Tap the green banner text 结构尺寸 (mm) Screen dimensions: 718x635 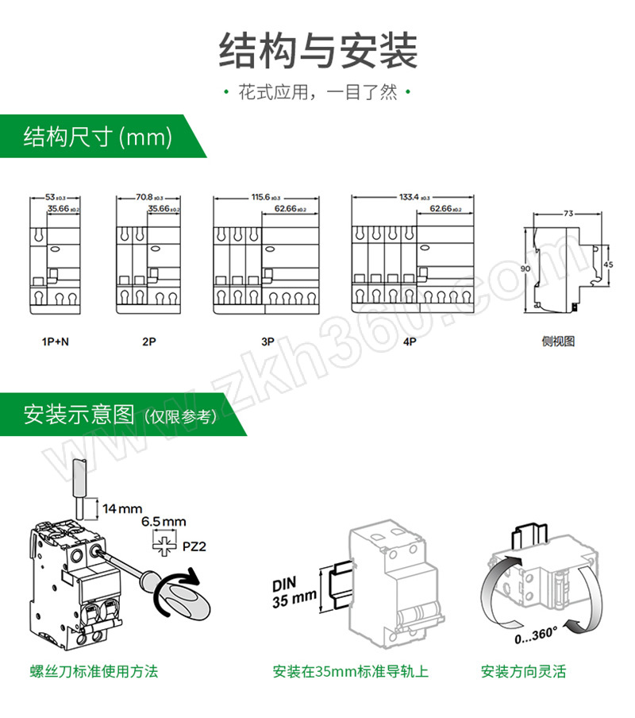(x=98, y=137)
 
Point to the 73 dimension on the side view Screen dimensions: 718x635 (x=568, y=214)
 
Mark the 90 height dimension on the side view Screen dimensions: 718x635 (x=525, y=269)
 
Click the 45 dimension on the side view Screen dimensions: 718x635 (x=608, y=264)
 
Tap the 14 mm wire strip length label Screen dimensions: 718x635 (x=122, y=507)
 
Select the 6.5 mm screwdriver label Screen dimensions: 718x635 (x=164, y=522)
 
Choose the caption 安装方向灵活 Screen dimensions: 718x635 (x=523, y=672)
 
